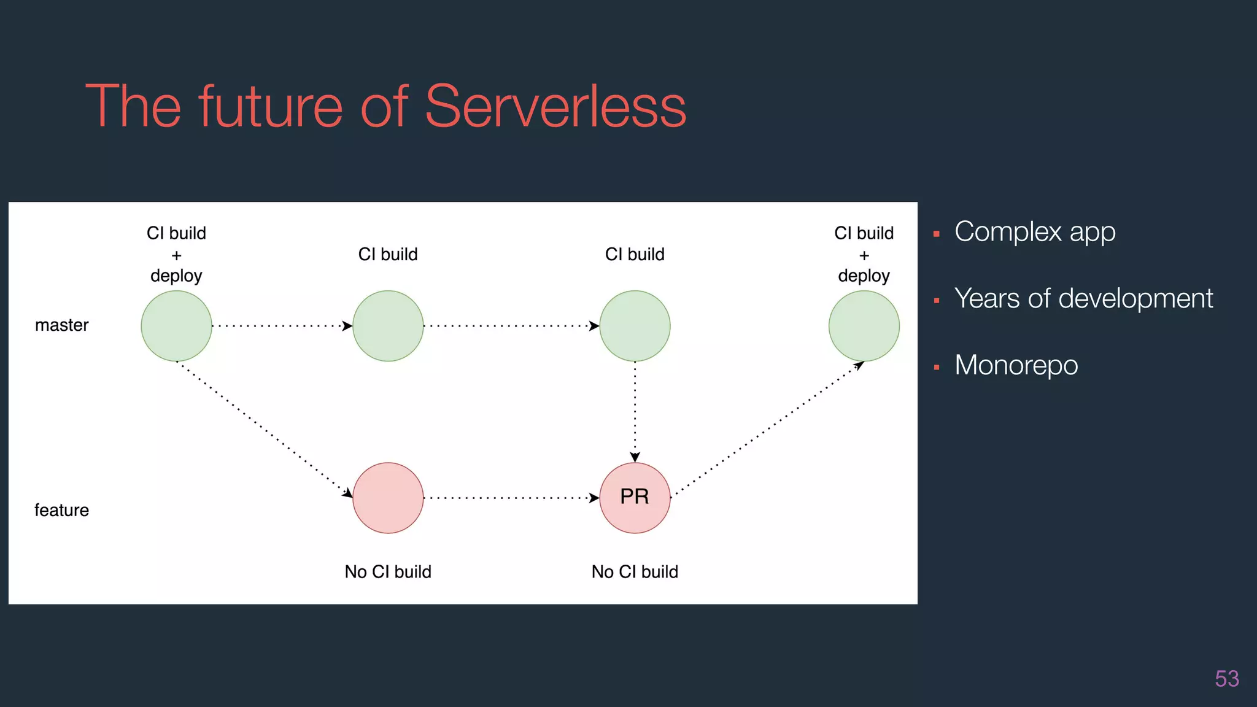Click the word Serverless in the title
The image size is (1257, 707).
555,107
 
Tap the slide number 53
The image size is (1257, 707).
1226,679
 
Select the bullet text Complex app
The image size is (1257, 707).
1035,232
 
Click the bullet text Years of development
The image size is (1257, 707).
1083,299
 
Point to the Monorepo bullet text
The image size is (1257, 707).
1016,365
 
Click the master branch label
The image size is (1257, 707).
61,325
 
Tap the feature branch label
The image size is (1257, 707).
61,511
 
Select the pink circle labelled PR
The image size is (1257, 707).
635,498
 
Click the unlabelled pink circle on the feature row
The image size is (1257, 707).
388,498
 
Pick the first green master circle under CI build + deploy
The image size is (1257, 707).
176,326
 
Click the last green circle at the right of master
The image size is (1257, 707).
864,326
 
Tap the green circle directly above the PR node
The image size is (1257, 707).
635,326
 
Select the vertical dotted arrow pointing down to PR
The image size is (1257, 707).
635,411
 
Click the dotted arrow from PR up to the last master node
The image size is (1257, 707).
767,430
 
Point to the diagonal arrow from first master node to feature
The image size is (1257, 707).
264,430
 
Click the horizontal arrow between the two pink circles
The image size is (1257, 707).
511,498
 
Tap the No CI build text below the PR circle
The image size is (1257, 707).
635,572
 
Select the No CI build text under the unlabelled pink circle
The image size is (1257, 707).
388,572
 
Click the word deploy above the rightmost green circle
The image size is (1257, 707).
864,276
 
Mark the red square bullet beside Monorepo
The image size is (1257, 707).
936,368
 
